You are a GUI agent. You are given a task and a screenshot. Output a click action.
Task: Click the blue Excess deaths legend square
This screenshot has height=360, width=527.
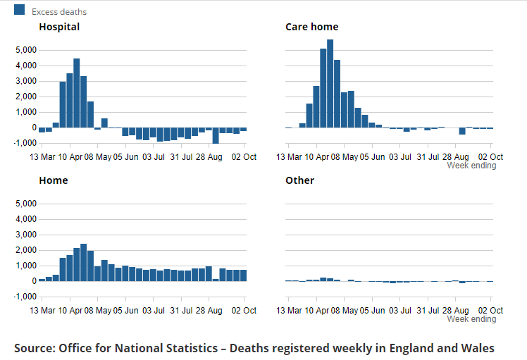point(19,10)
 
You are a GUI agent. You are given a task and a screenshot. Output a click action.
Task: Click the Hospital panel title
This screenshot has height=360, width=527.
point(59,27)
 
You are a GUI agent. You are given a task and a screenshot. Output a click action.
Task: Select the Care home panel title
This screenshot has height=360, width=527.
point(312,27)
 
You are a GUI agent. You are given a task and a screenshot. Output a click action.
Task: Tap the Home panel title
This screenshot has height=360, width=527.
point(54,180)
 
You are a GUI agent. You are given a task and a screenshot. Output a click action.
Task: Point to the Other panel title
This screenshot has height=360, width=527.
point(300,180)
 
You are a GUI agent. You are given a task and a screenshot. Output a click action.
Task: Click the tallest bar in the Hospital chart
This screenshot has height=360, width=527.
point(77,93)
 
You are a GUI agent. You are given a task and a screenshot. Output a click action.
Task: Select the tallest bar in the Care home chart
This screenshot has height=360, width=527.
point(330,84)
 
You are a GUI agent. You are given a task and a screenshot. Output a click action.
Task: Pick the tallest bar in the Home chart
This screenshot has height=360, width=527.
point(83,263)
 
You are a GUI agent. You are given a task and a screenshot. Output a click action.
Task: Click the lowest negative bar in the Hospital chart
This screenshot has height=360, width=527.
point(216,135)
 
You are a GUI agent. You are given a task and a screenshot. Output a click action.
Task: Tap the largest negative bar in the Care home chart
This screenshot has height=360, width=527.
point(462,131)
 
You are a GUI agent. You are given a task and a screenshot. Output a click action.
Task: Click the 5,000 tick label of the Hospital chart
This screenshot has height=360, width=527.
point(26,50)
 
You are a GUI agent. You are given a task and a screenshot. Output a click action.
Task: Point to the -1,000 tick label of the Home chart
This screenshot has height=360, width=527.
point(25,297)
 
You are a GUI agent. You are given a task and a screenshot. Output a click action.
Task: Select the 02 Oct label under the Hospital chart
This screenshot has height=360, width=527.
point(244,157)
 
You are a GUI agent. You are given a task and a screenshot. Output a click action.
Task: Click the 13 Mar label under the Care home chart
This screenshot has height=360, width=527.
point(289,157)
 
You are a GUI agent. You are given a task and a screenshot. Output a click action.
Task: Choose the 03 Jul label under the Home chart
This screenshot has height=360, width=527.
point(154,311)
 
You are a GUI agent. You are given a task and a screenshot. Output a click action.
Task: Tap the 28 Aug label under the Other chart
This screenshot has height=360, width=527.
point(455,311)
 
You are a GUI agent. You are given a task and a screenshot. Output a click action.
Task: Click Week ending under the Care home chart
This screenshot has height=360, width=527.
point(471,166)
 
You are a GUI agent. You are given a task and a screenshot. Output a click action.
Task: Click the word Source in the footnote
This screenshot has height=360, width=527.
point(35,348)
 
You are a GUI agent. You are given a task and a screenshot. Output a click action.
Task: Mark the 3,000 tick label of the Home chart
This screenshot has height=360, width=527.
point(26,235)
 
